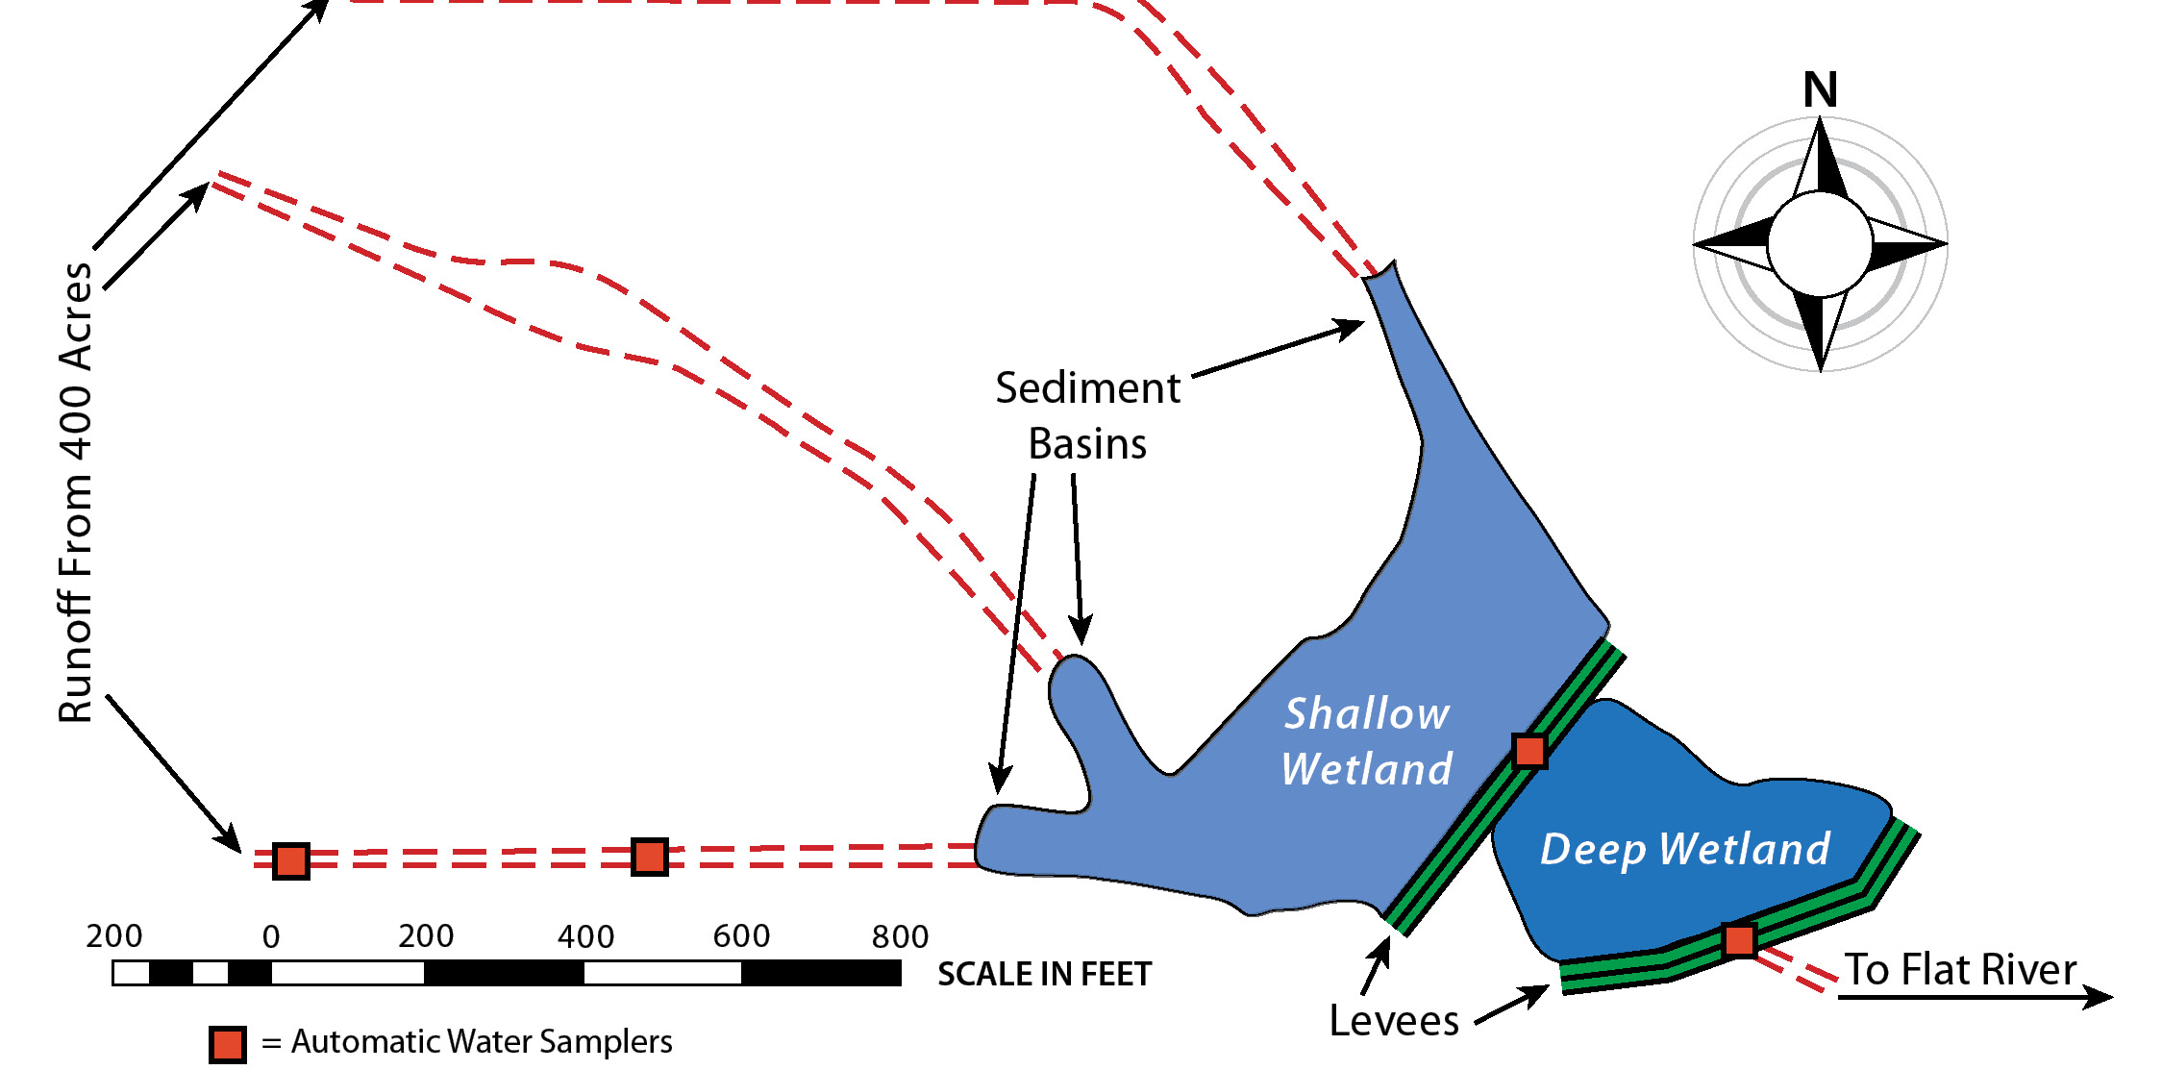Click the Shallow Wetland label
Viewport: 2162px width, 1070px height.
(x=1366, y=741)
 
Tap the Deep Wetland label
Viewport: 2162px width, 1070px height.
(x=1685, y=850)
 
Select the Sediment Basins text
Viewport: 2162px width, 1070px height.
(x=1087, y=416)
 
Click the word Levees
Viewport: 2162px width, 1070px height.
(x=1394, y=1020)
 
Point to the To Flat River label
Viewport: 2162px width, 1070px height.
(x=1960, y=969)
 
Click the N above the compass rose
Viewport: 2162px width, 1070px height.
(x=1820, y=90)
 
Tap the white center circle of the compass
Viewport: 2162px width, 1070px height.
(x=1820, y=243)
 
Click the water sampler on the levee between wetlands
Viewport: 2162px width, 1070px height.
(x=1529, y=751)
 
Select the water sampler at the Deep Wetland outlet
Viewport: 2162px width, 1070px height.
(x=1739, y=940)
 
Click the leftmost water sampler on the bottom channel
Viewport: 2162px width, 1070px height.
(x=291, y=860)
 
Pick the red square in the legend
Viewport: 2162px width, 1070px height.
(x=228, y=1045)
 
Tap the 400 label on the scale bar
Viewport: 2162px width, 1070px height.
(x=585, y=936)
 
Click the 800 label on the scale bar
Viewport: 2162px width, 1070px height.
(x=900, y=936)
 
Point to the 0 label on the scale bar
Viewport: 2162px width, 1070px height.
(x=271, y=936)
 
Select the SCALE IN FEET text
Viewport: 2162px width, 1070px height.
(x=1045, y=974)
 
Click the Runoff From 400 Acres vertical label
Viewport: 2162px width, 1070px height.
(x=75, y=492)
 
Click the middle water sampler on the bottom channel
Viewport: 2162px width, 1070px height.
(x=650, y=857)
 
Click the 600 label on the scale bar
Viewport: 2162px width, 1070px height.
(x=741, y=936)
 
